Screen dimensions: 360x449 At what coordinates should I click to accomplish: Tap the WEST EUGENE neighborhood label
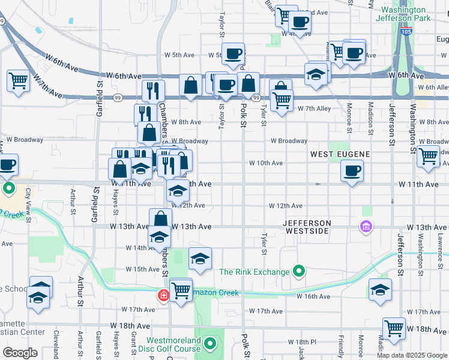coord(340,154)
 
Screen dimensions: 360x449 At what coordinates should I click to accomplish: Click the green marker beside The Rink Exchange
coord(298,272)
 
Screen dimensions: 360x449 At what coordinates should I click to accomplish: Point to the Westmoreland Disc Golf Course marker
coord(209,344)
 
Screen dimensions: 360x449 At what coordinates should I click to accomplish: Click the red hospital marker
coord(163,295)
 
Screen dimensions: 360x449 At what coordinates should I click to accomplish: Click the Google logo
coord(20,353)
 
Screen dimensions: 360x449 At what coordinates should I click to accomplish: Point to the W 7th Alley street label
coord(314,109)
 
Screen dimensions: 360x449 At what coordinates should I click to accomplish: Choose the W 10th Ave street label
coord(267,163)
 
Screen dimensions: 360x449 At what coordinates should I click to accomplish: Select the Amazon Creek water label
coord(216,293)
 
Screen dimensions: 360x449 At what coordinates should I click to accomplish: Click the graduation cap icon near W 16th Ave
coord(380,290)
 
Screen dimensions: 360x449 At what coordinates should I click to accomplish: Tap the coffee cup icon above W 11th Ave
coord(352,170)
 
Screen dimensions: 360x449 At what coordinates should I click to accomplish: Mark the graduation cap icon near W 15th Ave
coord(200,259)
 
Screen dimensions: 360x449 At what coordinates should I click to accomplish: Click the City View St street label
coord(28,204)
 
